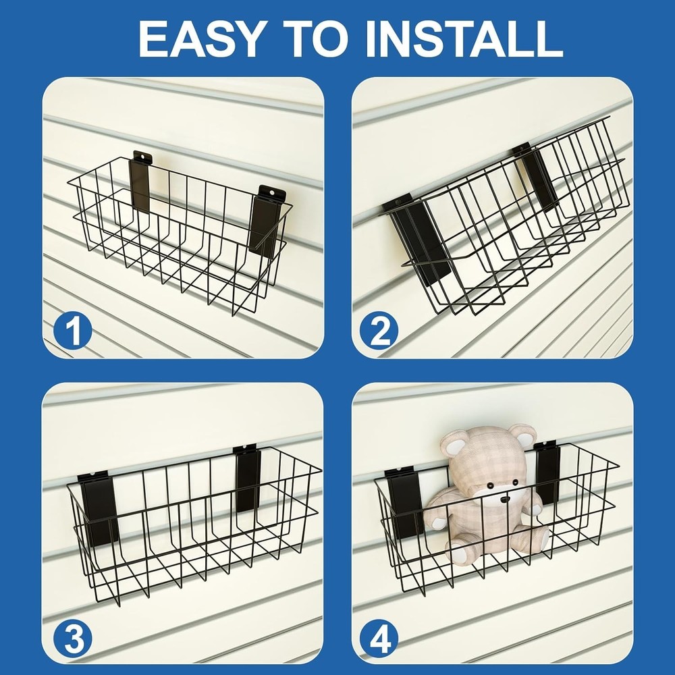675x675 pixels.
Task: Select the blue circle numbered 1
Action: point(73,331)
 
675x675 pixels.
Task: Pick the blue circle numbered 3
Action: point(73,639)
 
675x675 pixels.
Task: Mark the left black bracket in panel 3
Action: point(100,510)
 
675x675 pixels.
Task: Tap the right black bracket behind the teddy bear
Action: point(547,473)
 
